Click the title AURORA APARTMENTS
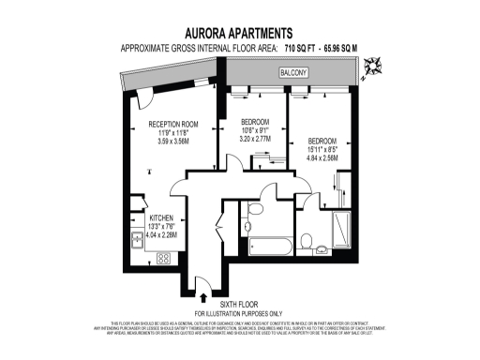click(239, 31)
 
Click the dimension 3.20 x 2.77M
click(254, 138)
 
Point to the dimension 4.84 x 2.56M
click(322, 157)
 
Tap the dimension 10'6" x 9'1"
click(254, 129)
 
